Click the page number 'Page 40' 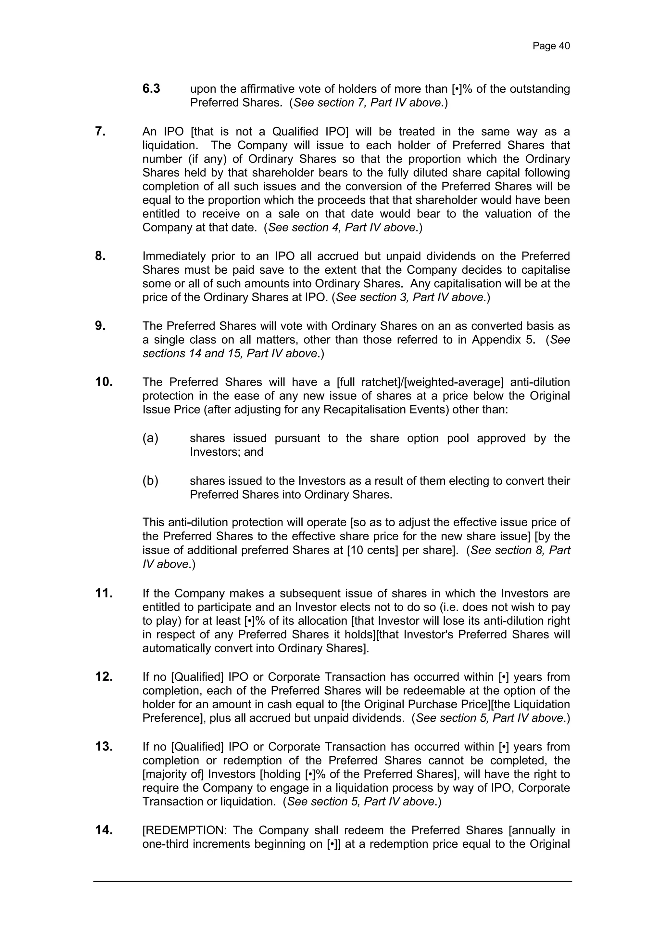(551, 46)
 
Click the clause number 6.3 (151, 88)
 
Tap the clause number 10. (104, 382)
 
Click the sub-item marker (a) (150, 438)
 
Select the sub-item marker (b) (150, 480)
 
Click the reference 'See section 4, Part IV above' (342, 228)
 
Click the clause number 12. (104, 677)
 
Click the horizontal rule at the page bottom (332, 882)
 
